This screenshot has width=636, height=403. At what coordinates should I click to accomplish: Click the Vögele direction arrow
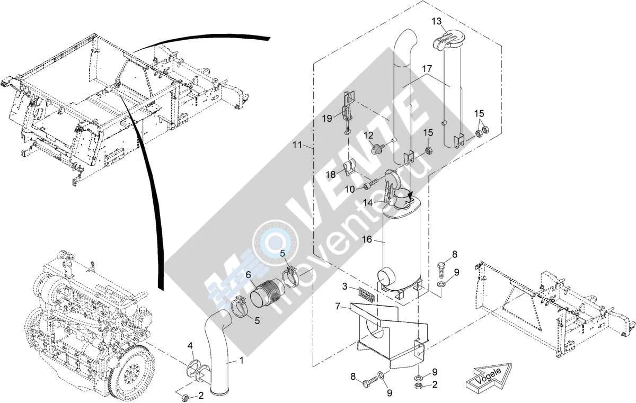tap(488, 378)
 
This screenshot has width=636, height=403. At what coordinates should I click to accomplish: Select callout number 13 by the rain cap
tap(437, 21)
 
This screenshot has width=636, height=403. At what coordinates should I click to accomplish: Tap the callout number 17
tap(427, 69)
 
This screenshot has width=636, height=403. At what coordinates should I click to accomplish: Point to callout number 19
tap(327, 118)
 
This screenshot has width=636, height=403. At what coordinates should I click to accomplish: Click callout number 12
tap(368, 135)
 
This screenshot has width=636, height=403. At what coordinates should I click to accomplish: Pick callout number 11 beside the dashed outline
tap(297, 145)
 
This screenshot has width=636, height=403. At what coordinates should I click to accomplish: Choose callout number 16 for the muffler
tap(367, 239)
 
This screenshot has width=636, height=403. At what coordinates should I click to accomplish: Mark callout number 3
tap(344, 286)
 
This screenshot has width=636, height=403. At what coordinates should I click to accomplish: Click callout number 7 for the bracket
tap(337, 306)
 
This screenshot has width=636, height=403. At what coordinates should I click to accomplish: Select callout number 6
tap(249, 274)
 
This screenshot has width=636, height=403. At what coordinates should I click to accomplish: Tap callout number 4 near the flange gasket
tap(190, 346)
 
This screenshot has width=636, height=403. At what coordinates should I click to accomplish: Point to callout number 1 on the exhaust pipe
tap(241, 361)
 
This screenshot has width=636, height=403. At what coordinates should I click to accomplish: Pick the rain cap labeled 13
tap(445, 42)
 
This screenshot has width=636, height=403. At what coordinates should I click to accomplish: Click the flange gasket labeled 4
tap(192, 366)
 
